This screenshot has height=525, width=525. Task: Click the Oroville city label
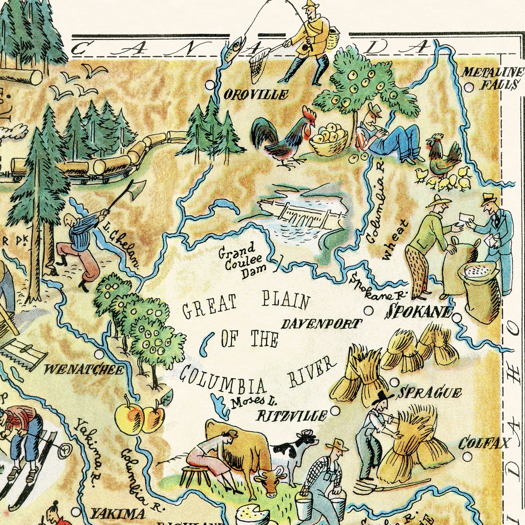click(255, 95)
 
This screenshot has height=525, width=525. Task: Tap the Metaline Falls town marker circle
click(469, 87)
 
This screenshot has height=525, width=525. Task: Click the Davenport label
click(322, 324)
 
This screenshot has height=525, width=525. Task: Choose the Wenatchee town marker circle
click(99, 354)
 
